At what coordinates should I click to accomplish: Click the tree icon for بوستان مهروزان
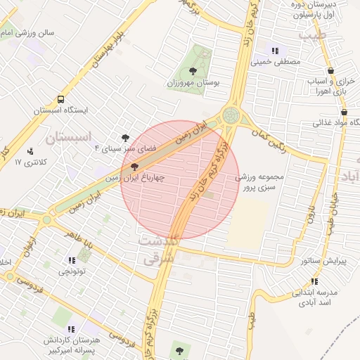pyautogui.click(x=193, y=70)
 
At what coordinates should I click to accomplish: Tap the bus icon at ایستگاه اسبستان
pyautogui.click(x=61, y=99)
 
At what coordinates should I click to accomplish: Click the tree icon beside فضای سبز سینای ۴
pyautogui.click(x=126, y=138)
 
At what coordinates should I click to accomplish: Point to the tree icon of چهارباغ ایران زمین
pyautogui.click(x=134, y=167)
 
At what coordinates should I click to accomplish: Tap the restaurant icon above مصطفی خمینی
pyautogui.click(x=275, y=51)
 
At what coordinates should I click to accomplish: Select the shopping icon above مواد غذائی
pyautogui.click(x=344, y=112)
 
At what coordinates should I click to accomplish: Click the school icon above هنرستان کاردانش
pyautogui.click(x=71, y=329)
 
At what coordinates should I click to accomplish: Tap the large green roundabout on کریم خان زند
pyautogui.click(x=231, y=115)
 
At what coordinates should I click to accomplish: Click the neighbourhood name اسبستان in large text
pyautogui.click(x=70, y=139)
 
